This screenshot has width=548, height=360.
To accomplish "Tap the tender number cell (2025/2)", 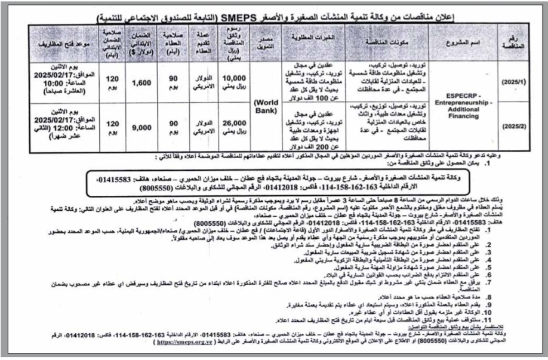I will (512, 127).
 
